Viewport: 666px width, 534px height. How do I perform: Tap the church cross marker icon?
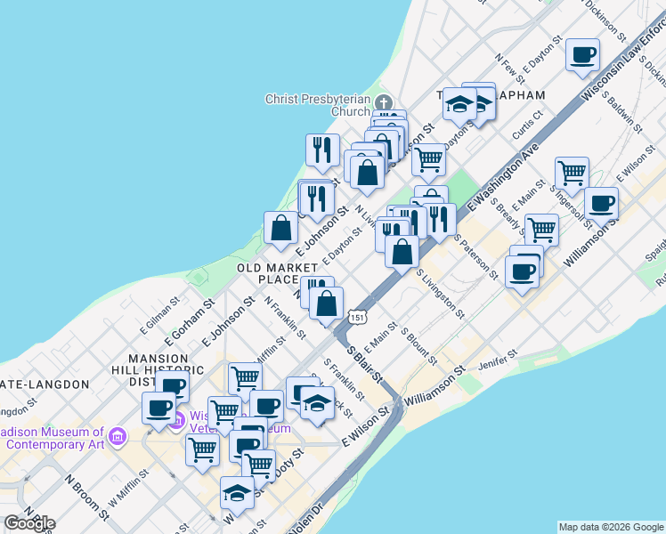click(x=384, y=101)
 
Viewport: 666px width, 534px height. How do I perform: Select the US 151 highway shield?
click(x=357, y=316)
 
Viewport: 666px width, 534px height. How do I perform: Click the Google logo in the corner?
click(x=28, y=523)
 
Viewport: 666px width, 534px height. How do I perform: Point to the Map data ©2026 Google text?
click(x=611, y=527)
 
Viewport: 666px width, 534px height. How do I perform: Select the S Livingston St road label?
click(x=439, y=295)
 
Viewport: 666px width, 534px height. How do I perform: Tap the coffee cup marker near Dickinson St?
click(x=583, y=54)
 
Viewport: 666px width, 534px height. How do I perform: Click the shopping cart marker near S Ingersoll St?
click(x=572, y=173)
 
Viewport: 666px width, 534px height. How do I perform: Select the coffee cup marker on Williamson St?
click(x=601, y=203)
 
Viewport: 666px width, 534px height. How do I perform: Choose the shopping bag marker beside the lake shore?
click(x=280, y=227)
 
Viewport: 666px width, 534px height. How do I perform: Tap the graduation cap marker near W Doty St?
click(x=237, y=492)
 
